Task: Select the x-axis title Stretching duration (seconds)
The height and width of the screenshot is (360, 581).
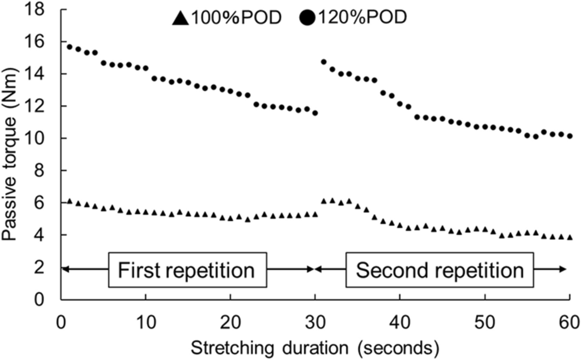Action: click(x=315, y=346)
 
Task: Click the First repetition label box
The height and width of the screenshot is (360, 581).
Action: click(x=187, y=270)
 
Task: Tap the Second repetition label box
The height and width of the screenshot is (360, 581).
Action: click(x=440, y=270)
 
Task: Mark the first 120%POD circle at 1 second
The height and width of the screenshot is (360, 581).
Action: click(x=69, y=47)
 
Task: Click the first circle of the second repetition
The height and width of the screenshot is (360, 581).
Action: click(x=324, y=62)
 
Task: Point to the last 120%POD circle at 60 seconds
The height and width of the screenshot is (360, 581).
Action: click(x=570, y=136)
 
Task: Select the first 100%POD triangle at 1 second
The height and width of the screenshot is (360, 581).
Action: click(x=69, y=202)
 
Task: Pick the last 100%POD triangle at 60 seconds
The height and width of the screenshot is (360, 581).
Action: click(x=570, y=237)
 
